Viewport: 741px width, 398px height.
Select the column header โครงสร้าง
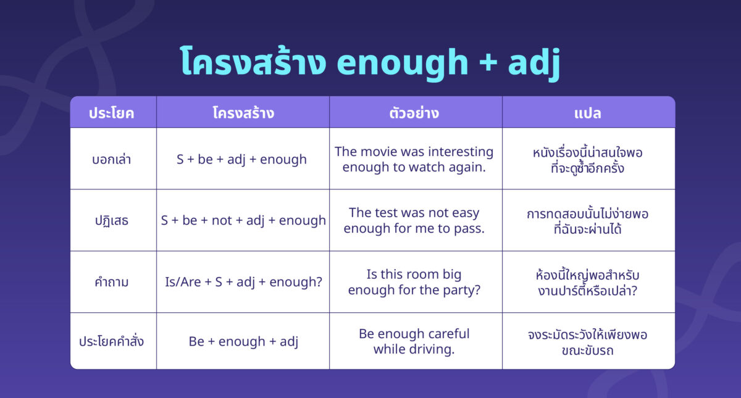coord(243,113)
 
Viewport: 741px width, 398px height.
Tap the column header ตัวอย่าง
coord(414,113)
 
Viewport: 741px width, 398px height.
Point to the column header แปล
coord(587,113)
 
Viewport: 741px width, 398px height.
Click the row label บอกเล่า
coord(112,159)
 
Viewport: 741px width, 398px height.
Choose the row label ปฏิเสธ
coord(112,220)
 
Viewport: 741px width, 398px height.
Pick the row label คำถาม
coord(112,282)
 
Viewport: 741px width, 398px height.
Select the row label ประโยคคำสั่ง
coord(112,341)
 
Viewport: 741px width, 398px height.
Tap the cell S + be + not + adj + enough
coord(243,220)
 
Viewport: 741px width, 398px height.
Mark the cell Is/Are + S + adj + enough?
coord(243,282)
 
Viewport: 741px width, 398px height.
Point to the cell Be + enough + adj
coord(243,341)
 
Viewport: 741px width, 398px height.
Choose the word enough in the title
coord(399,62)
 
